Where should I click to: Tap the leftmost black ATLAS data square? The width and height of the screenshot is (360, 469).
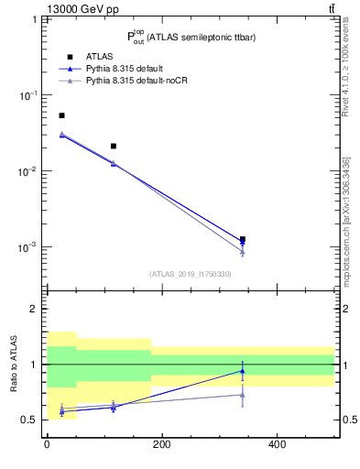pyautogui.click(x=61, y=115)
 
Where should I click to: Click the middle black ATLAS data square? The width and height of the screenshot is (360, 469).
pyautogui.click(x=114, y=146)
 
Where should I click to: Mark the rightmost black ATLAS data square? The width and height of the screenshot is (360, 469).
pyautogui.click(x=242, y=239)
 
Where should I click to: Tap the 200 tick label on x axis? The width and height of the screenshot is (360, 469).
pyautogui.click(x=161, y=445)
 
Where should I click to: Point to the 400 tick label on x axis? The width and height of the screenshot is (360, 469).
pyautogui.click(x=277, y=445)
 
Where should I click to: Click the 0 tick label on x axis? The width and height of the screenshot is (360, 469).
pyautogui.click(x=47, y=445)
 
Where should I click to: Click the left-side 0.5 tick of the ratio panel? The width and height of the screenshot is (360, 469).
pyautogui.click(x=29, y=420)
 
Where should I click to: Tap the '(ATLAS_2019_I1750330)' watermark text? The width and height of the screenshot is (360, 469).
pyautogui.click(x=190, y=274)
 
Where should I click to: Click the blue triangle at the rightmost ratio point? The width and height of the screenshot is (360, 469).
pyautogui.click(x=242, y=370)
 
